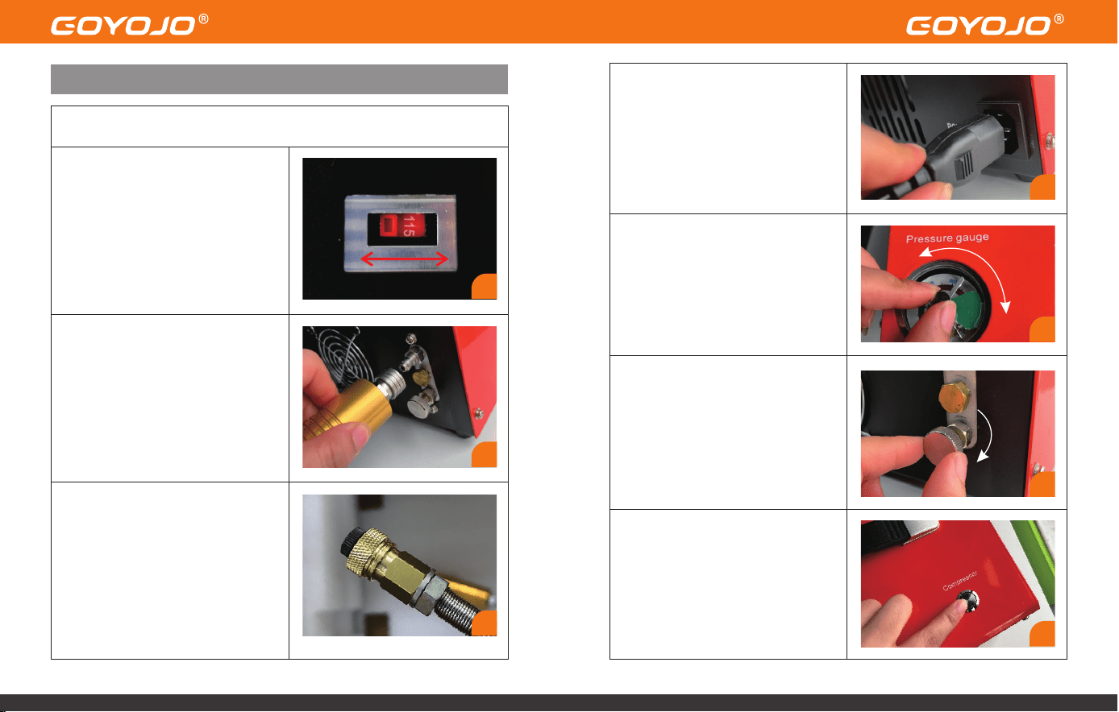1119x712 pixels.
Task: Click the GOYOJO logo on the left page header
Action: [x=123, y=26]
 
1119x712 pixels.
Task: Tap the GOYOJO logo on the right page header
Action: [x=979, y=26]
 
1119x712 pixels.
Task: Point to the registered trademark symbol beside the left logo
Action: [x=203, y=19]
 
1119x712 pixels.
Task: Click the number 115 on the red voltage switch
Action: [x=409, y=226]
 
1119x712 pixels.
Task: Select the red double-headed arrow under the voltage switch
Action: [x=404, y=259]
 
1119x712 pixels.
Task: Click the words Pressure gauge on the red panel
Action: [x=947, y=238]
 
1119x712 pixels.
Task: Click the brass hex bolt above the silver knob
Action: [x=955, y=397]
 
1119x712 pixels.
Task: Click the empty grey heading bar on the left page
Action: [x=279, y=79]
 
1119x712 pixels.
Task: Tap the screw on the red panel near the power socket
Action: [x=1050, y=140]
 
